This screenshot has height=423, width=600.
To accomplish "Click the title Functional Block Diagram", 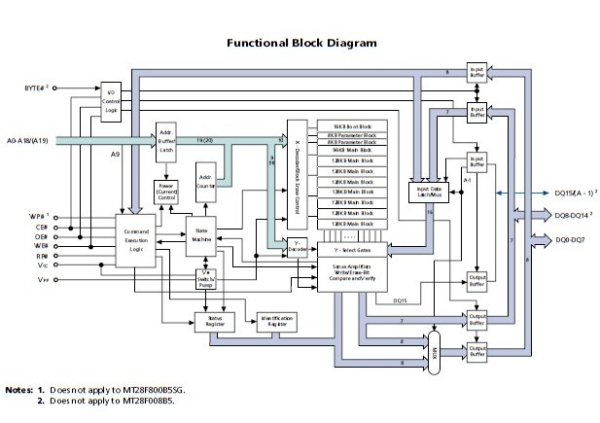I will [x=300, y=43].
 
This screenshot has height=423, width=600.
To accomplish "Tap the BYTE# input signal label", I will [x=37, y=88].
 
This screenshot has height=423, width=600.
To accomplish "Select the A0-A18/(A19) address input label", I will [x=36, y=139].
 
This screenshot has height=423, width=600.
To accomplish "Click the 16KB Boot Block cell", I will [x=352, y=127].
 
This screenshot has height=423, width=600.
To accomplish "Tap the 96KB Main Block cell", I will [x=352, y=151].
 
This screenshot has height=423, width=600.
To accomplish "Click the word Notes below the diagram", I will [x=18, y=389].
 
